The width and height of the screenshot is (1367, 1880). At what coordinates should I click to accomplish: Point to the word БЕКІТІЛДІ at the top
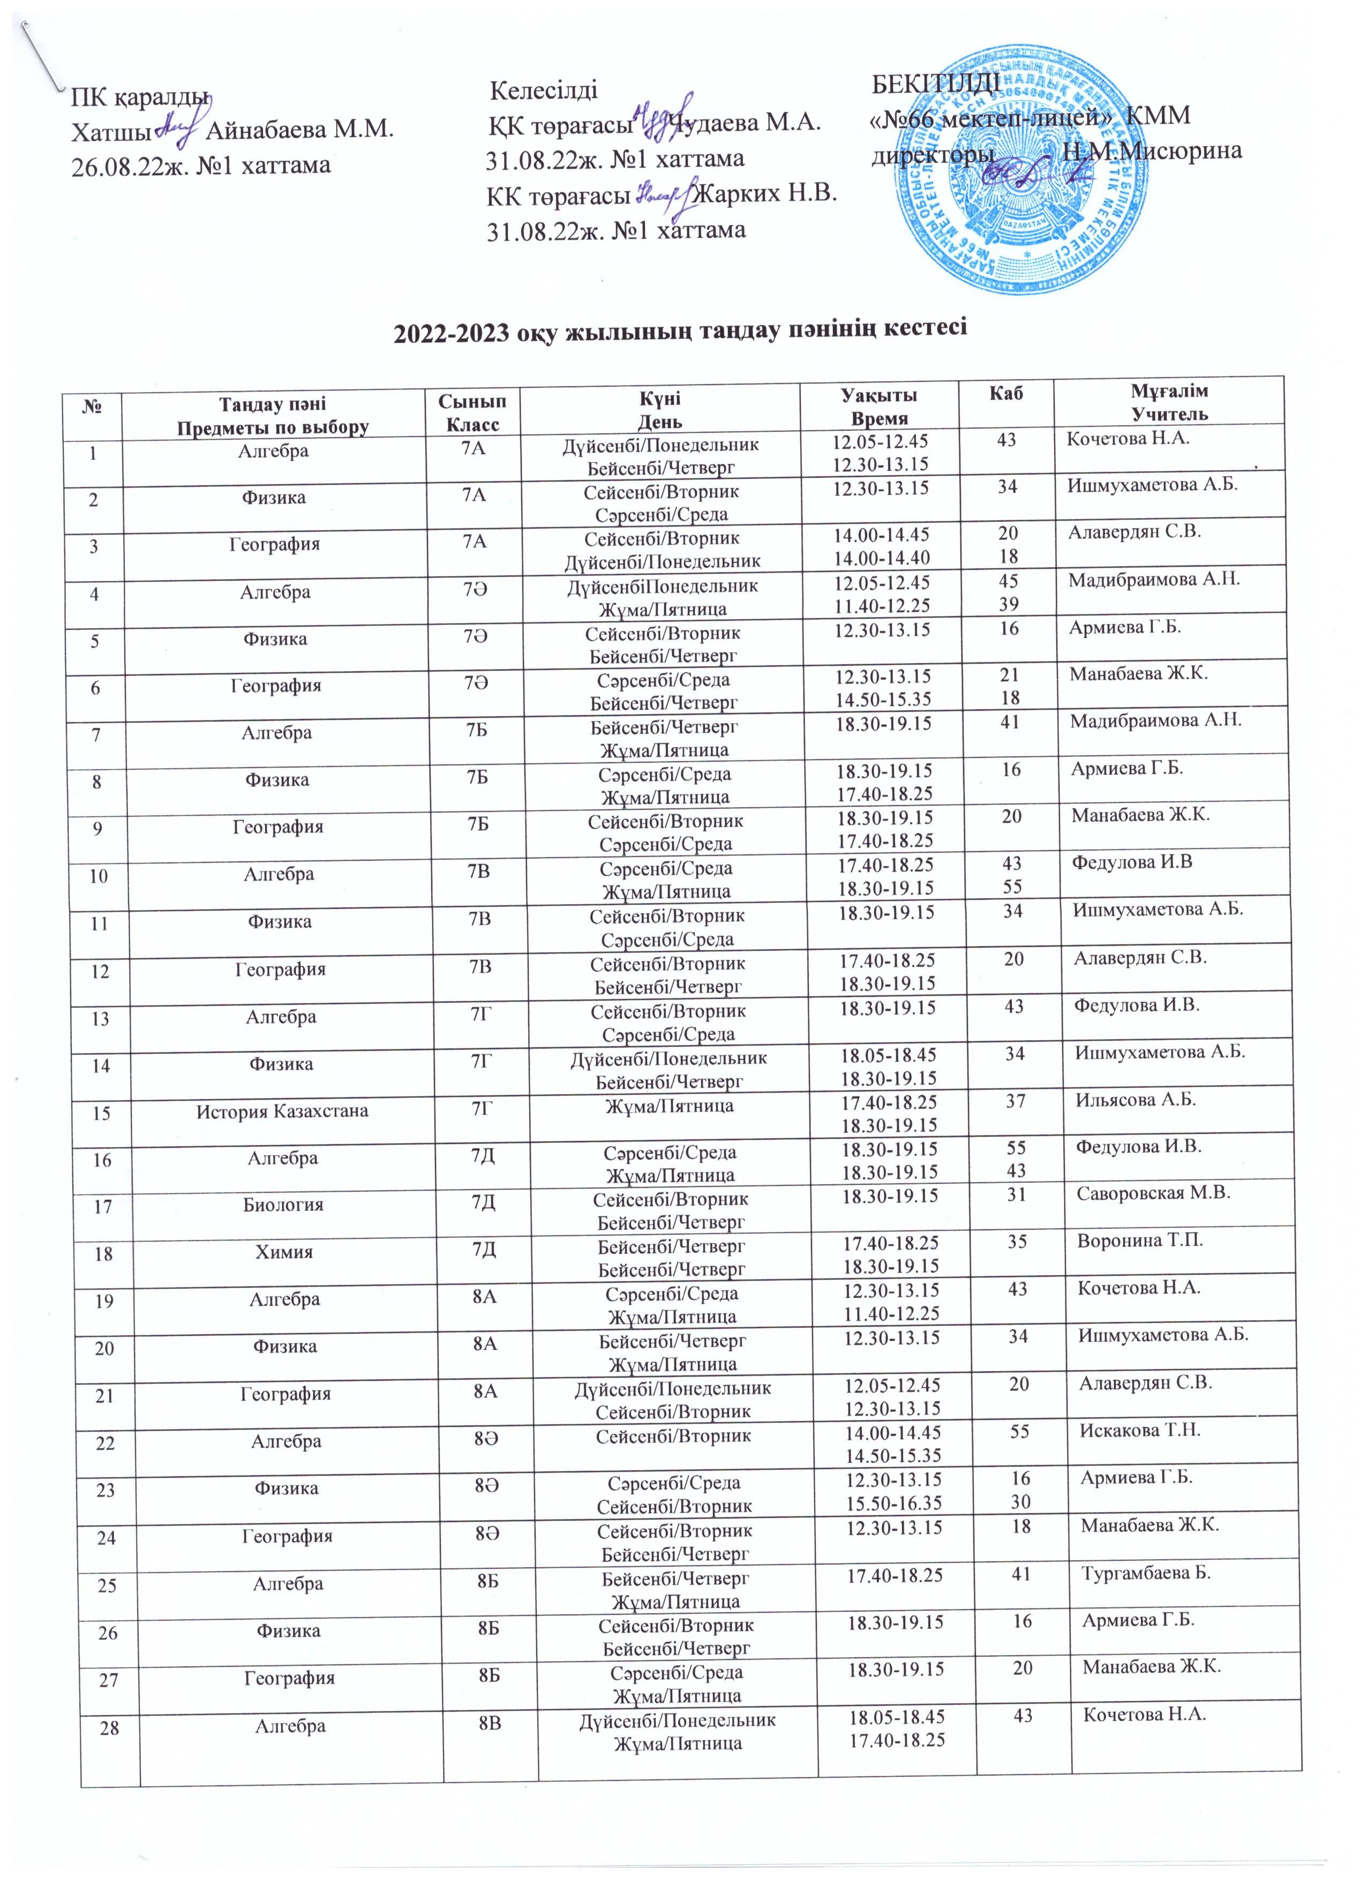point(937,85)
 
